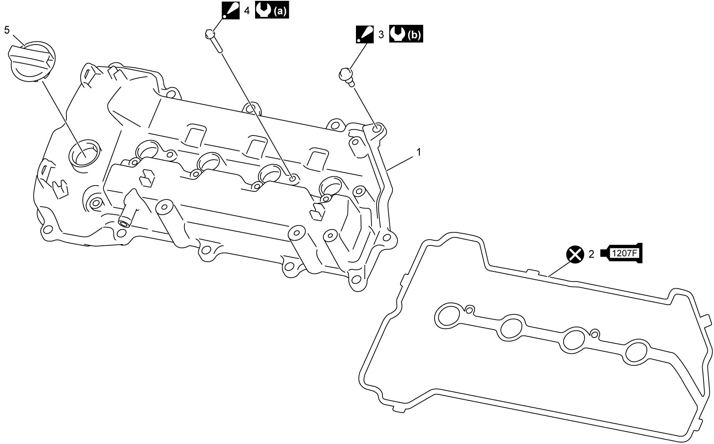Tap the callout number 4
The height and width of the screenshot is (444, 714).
click(247, 11)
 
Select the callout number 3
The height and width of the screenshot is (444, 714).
click(381, 35)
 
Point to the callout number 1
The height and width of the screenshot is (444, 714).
click(419, 152)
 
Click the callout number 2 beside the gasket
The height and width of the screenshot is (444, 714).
click(591, 254)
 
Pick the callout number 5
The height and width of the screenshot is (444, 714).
click(7, 30)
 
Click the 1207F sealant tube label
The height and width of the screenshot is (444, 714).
click(621, 253)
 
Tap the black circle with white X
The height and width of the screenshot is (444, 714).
click(575, 255)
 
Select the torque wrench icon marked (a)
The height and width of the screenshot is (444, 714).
click(272, 11)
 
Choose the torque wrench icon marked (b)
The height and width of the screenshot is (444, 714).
click(406, 34)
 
